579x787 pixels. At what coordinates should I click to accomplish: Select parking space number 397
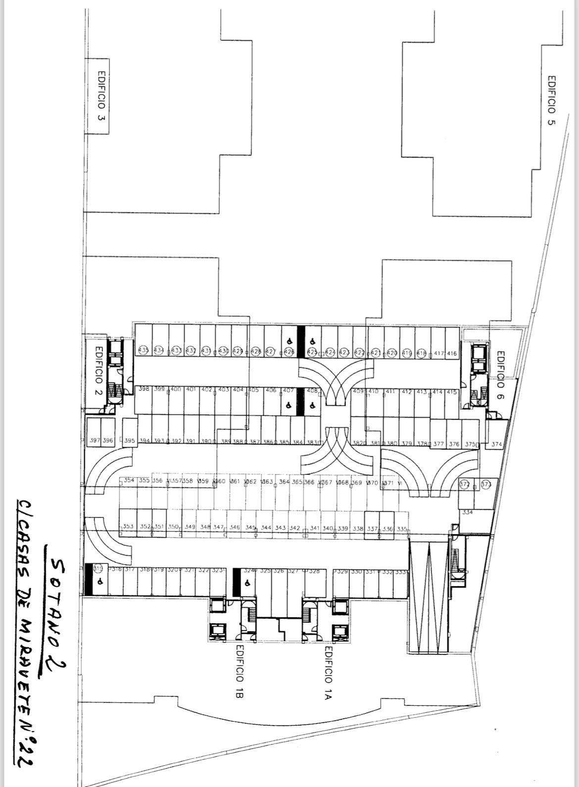pyautogui.click(x=94, y=440)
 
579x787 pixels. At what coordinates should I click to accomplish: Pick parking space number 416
pyautogui.click(x=451, y=354)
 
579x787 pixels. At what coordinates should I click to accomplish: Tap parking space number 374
pyautogui.click(x=496, y=444)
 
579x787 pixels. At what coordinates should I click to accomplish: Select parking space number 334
pyautogui.click(x=467, y=512)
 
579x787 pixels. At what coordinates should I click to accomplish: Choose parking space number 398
pyautogui.click(x=144, y=389)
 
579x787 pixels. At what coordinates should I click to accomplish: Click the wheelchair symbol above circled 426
pyautogui.click(x=289, y=341)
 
